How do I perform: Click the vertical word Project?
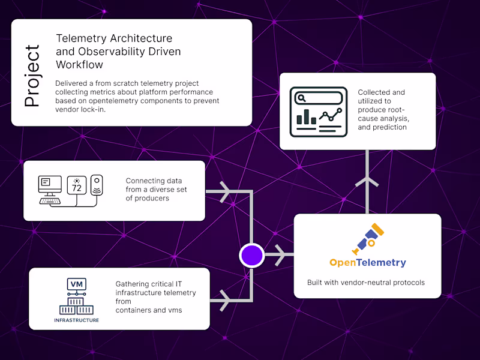(x=32, y=76)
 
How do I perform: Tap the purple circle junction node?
(x=252, y=255)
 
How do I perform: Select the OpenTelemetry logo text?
(x=367, y=262)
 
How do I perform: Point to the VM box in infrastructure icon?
(x=76, y=284)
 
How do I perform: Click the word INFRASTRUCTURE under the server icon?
(x=76, y=320)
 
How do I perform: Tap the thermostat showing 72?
(x=77, y=185)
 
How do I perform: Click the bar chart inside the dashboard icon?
(x=306, y=116)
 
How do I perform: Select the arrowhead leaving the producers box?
(x=225, y=193)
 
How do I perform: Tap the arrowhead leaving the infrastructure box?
(x=225, y=299)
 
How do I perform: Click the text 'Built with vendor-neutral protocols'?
(x=366, y=283)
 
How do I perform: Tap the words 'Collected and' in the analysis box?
(x=382, y=92)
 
